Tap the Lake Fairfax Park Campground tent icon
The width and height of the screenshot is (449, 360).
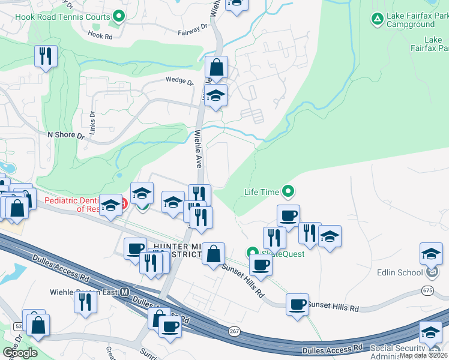pos(377,19)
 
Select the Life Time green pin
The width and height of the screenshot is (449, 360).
pos(289,192)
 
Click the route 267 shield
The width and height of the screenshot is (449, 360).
pos(234,331)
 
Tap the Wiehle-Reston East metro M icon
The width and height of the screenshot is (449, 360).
pos(125,292)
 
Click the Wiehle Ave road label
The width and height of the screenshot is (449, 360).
pos(197,149)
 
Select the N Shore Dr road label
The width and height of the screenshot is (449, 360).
pos(65,135)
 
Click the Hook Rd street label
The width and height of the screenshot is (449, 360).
pos(100,36)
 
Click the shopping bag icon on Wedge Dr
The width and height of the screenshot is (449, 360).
pos(216,68)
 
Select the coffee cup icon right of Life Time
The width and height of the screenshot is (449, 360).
pos(288,216)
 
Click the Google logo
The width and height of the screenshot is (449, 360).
pos(20,353)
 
